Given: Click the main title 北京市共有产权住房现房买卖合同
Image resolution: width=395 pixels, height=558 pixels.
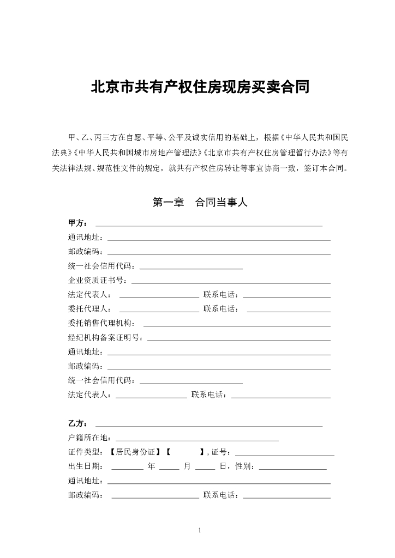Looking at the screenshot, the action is [x=200, y=87].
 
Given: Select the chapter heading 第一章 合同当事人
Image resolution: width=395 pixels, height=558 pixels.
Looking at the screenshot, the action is [x=200, y=203].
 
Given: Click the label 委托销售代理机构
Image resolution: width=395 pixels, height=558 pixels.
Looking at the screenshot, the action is [x=101, y=323].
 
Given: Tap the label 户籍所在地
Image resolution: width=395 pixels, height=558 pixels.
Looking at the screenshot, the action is [x=89, y=438].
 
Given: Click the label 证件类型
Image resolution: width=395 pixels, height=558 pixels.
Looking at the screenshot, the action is [x=85, y=452].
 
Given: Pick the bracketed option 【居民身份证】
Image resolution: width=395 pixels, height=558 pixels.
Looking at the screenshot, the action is [x=135, y=452].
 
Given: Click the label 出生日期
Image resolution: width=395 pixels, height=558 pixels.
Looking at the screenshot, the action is [x=85, y=466].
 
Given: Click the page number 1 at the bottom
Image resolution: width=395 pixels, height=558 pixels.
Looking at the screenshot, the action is [x=200, y=530].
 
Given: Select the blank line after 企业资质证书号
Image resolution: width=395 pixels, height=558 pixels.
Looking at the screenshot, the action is [x=231, y=282].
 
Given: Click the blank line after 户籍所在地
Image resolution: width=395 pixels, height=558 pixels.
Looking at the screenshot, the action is [x=197, y=439].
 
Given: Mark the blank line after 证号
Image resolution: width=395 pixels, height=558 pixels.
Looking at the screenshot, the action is [x=284, y=454].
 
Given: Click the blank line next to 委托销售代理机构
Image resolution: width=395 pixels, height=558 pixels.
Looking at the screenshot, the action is [x=236, y=325].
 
